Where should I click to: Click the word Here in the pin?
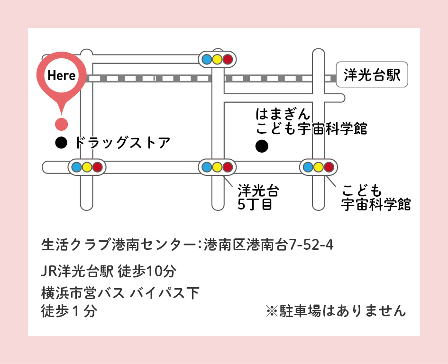[62, 75]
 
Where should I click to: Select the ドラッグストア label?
[123, 142]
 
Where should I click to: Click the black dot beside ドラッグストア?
[61, 142]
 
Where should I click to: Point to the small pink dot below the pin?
[61, 125]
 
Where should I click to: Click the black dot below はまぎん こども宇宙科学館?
[262, 147]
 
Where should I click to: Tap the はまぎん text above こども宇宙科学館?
[283, 115]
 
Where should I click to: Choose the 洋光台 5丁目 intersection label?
[258, 198]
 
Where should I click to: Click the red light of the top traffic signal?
[228, 59]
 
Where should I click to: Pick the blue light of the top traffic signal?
[207, 59]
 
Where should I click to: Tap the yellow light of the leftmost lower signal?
[87, 167]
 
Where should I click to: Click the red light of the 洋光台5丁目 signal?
[228, 167]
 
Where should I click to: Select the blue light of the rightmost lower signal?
[308, 167]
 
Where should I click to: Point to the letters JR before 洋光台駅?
[49, 272]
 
